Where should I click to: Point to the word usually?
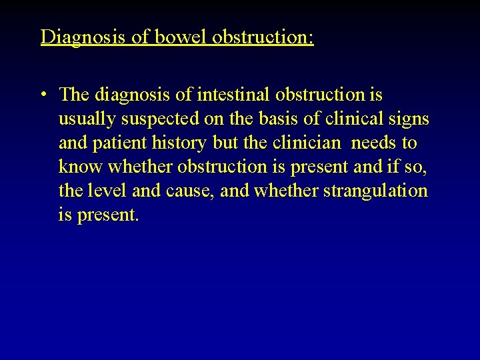(85, 119)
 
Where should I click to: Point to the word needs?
(373, 143)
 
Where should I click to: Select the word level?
(107, 191)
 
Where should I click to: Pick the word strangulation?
(375, 191)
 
